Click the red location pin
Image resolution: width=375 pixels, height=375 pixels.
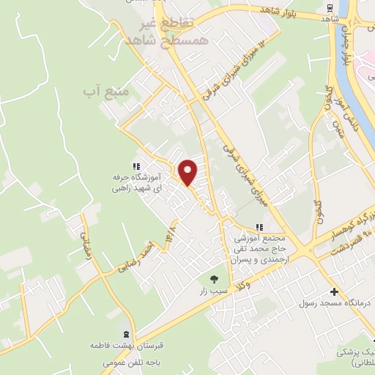(189, 172)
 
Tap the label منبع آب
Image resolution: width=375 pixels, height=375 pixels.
(106, 92)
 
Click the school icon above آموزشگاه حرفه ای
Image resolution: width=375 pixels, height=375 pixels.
(136, 166)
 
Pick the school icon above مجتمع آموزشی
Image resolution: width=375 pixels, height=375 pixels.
(258, 226)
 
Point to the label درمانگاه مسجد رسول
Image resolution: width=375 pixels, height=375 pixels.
(335, 302)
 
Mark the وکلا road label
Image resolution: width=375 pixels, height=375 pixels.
(247, 283)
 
